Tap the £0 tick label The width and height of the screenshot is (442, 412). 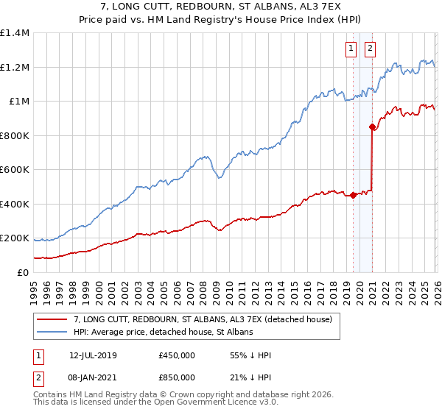click(22, 272)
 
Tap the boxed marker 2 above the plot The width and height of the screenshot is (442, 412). click(369, 49)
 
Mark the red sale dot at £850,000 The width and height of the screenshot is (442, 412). click(373, 127)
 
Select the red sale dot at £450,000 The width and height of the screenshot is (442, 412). click(354, 196)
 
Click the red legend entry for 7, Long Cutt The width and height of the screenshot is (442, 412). click(203, 319)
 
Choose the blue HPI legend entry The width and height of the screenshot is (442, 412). click(163, 333)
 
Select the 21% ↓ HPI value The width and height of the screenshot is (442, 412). click(251, 377)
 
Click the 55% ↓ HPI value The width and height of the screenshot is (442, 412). click(251, 356)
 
